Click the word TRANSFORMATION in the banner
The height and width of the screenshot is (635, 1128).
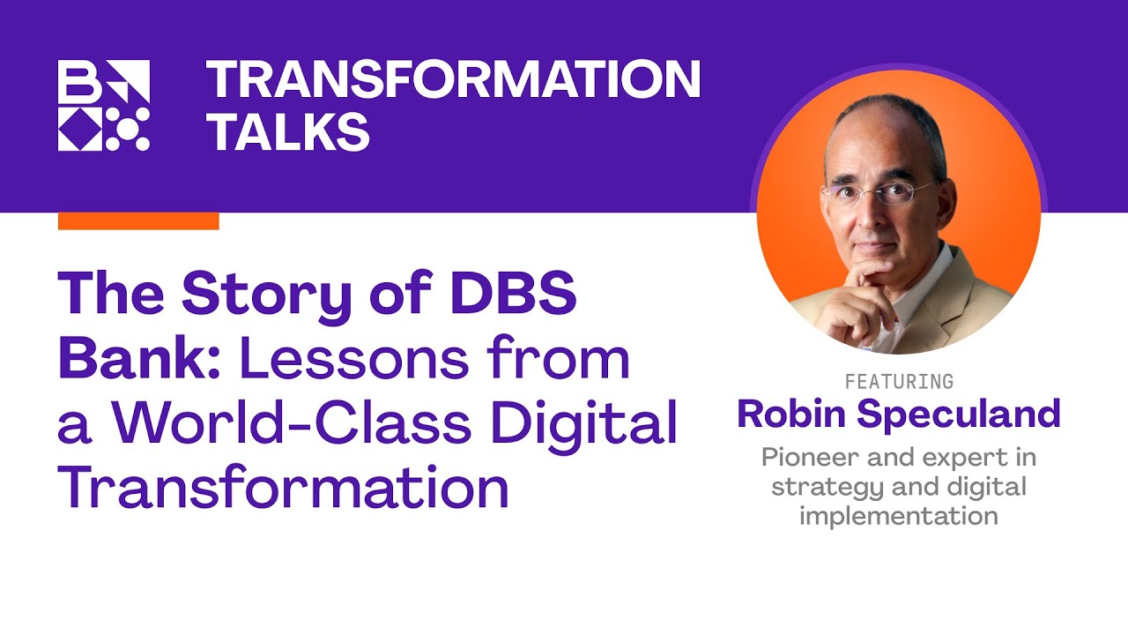(x=453, y=81)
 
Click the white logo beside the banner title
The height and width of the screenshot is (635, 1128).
(x=104, y=105)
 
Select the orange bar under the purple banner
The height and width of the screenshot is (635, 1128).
(x=138, y=220)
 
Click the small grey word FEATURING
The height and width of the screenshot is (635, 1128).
(x=899, y=382)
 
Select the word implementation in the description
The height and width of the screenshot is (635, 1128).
(x=899, y=515)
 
